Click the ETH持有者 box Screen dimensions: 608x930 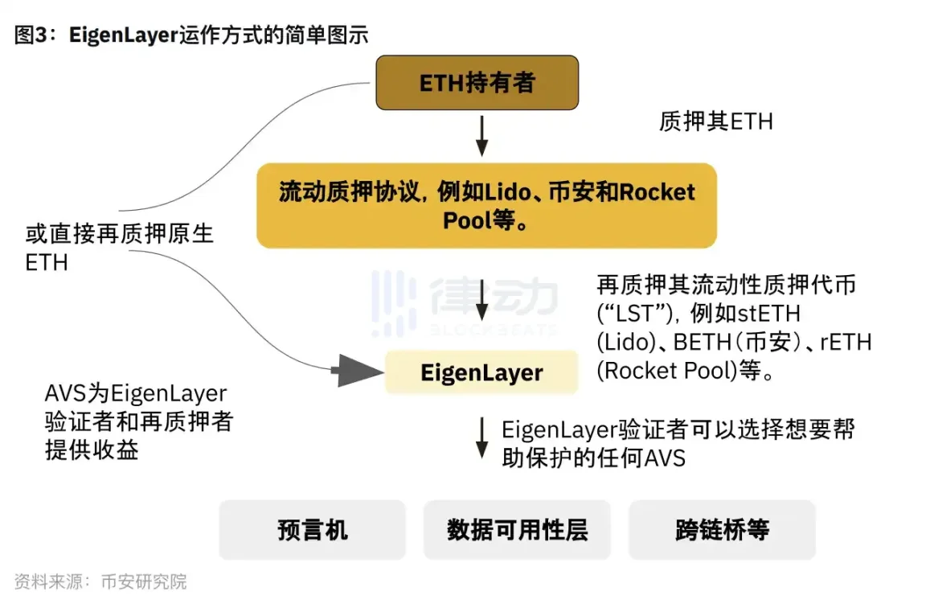477,83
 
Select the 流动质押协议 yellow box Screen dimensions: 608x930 486,206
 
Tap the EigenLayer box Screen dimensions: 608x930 481,373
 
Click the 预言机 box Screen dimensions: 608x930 312,530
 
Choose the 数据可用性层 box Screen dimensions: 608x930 517,530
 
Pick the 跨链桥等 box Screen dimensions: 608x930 722,530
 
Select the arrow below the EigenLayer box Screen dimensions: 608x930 481,438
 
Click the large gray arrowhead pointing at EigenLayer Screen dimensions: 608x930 358,371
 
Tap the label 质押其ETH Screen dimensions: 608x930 715,121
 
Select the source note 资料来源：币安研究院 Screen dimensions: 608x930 100,581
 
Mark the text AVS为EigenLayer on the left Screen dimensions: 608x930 136,394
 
